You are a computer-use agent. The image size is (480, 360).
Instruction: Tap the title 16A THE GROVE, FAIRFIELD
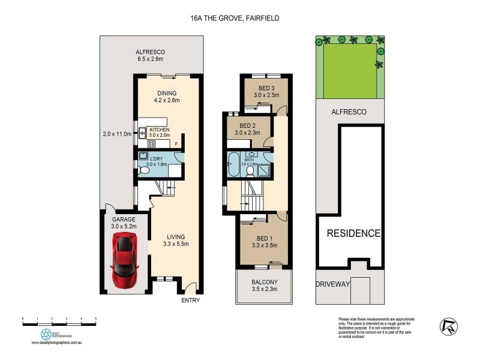tap(231, 19)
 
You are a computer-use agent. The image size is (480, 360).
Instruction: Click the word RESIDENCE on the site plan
tap(353, 233)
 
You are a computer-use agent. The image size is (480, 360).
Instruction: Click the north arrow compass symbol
tap(447, 326)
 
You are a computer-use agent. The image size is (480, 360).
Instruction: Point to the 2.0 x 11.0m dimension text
tap(115, 134)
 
